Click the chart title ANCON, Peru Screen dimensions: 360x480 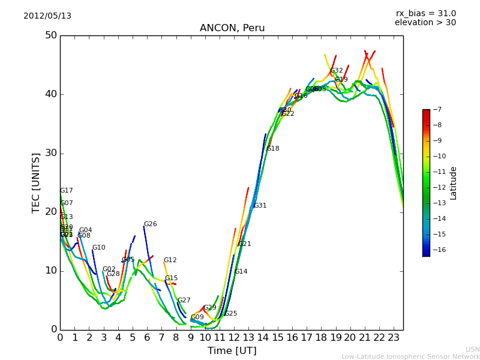[232, 28]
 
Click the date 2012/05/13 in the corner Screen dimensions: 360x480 [47, 16]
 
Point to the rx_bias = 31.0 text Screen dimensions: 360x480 [425, 14]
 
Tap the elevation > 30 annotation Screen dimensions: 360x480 [425, 23]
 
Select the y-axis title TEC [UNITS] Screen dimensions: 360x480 [36, 182]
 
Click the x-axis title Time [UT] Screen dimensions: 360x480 [232, 351]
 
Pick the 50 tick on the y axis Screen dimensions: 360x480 [50, 35]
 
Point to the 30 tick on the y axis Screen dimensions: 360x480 [50, 153]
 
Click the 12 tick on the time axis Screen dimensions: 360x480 [235, 338]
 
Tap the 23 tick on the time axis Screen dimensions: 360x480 [394, 338]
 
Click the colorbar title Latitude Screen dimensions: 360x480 [454, 183]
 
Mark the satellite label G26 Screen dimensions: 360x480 [150, 224]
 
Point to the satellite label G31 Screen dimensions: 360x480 [260, 206]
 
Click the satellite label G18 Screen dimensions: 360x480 [272, 149]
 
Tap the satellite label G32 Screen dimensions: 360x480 [337, 71]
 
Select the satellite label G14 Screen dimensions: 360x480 [241, 272]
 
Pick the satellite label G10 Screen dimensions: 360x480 [98, 248]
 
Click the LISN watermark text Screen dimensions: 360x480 [473, 349]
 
